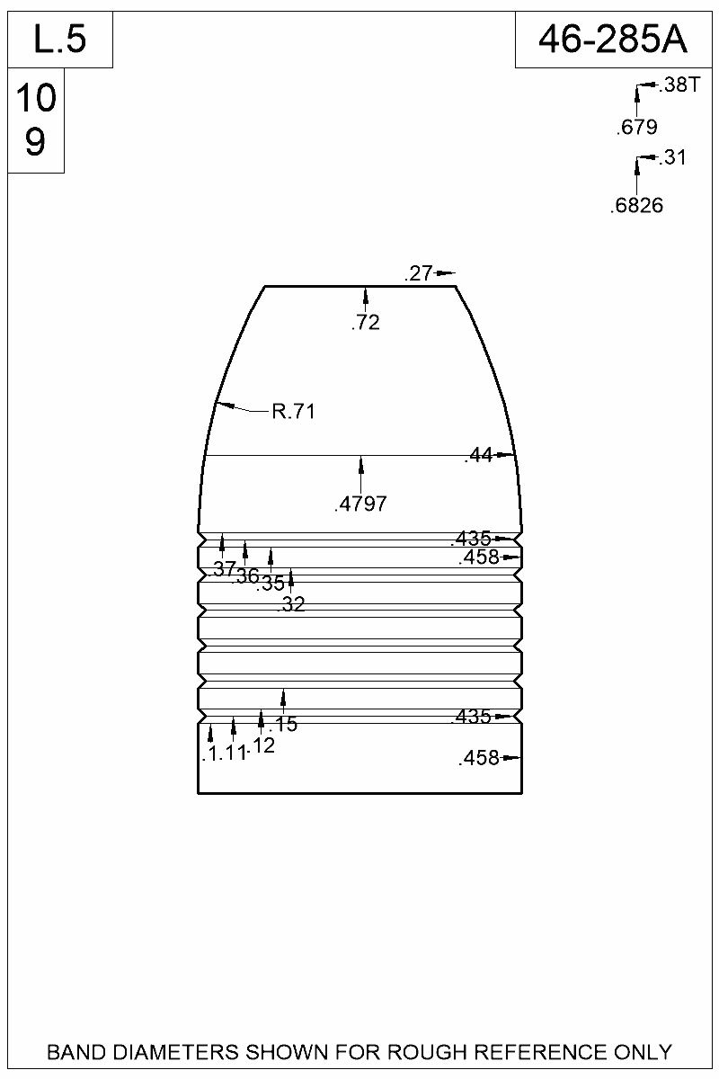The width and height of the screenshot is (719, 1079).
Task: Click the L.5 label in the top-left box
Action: point(59,40)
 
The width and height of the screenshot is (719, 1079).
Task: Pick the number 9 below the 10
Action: point(35,142)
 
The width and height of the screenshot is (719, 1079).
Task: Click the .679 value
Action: point(636,128)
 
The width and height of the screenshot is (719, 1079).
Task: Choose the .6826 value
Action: point(636,206)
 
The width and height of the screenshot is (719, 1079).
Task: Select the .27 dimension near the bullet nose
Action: point(419,274)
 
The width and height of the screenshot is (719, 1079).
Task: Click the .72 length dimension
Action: point(366,323)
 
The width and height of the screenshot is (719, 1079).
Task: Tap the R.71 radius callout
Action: point(292,413)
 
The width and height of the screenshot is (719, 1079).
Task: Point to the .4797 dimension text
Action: point(360,504)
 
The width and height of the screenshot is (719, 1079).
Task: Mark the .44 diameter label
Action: point(478,456)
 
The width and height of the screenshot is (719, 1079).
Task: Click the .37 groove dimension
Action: point(224,568)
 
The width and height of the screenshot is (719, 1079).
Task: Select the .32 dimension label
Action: point(292,605)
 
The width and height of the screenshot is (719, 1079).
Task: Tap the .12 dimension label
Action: point(262,745)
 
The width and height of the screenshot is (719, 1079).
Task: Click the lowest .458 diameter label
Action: point(478,759)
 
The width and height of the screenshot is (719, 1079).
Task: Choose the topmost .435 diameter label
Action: point(471,539)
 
